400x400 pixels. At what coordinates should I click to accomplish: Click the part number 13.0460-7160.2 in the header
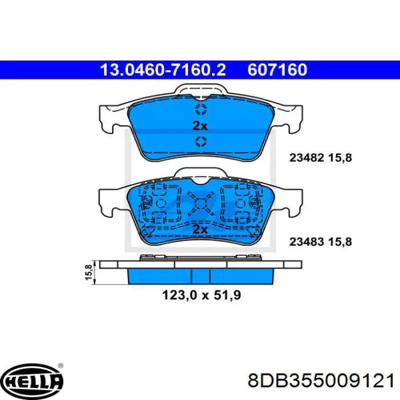pyautogui.click(x=163, y=70)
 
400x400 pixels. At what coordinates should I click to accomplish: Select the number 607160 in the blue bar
pyautogui.click(x=277, y=70)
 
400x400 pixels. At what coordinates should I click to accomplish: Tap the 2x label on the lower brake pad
pyautogui.click(x=201, y=229)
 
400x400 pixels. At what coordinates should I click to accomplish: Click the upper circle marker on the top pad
pyautogui.click(x=201, y=110)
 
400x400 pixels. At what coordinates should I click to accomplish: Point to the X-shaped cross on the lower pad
pyautogui.click(x=201, y=203)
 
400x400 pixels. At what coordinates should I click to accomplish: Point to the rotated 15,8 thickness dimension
pyautogui.click(x=89, y=272)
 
